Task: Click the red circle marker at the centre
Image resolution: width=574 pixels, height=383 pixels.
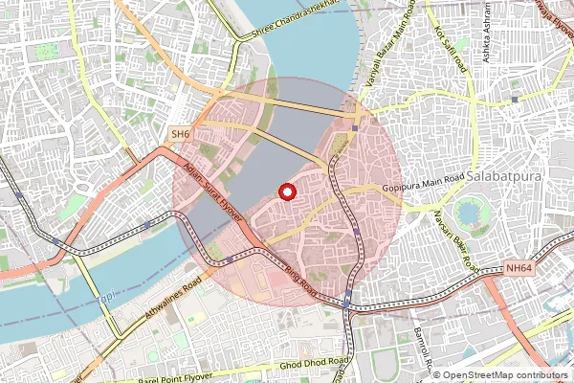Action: [x=286, y=192]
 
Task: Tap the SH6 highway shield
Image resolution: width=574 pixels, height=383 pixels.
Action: [x=180, y=135]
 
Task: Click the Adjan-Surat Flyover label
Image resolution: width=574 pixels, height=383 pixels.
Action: [x=209, y=193]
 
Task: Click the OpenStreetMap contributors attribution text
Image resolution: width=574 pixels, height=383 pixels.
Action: [x=501, y=375]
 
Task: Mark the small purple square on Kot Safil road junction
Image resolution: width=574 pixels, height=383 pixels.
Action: [x=516, y=99]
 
